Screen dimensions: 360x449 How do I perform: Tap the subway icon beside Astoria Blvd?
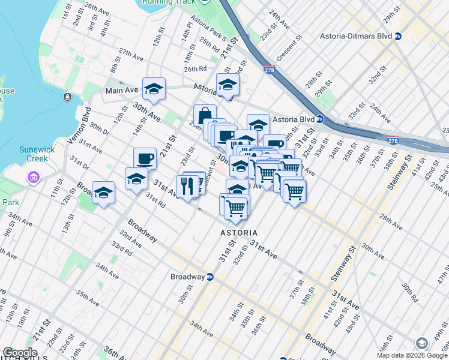pyautogui.click(x=321, y=119)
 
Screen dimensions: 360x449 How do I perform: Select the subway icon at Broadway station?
pyautogui.click(x=210, y=277)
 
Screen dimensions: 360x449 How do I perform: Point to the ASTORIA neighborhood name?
pyautogui.click(x=238, y=232)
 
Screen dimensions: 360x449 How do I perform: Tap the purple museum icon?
pyautogui.click(x=32, y=178)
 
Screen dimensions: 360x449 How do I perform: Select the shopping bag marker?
pyautogui.click(x=205, y=115)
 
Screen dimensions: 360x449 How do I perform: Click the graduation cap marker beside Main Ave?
pyautogui.click(x=154, y=89)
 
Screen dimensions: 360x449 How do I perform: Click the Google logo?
pyautogui.click(x=20, y=353)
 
